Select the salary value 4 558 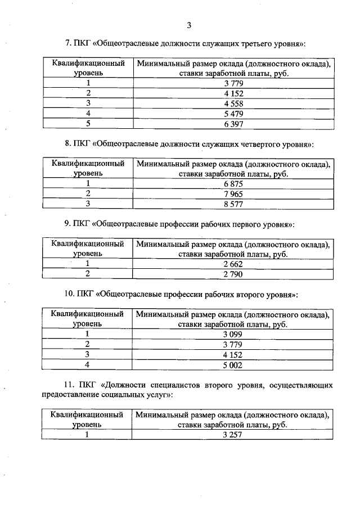click(232, 103)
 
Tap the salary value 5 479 click(232, 113)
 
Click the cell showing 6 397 click(232, 124)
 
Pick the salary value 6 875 click(232, 184)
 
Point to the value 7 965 click(232, 194)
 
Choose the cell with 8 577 click(232, 204)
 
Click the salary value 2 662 click(232, 264)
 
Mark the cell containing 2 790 click(232, 274)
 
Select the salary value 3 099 click(232, 334)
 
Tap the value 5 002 click(232, 365)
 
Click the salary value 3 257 click(232, 435)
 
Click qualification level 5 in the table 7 click(88, 124)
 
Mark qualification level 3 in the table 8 click(88, 204)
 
